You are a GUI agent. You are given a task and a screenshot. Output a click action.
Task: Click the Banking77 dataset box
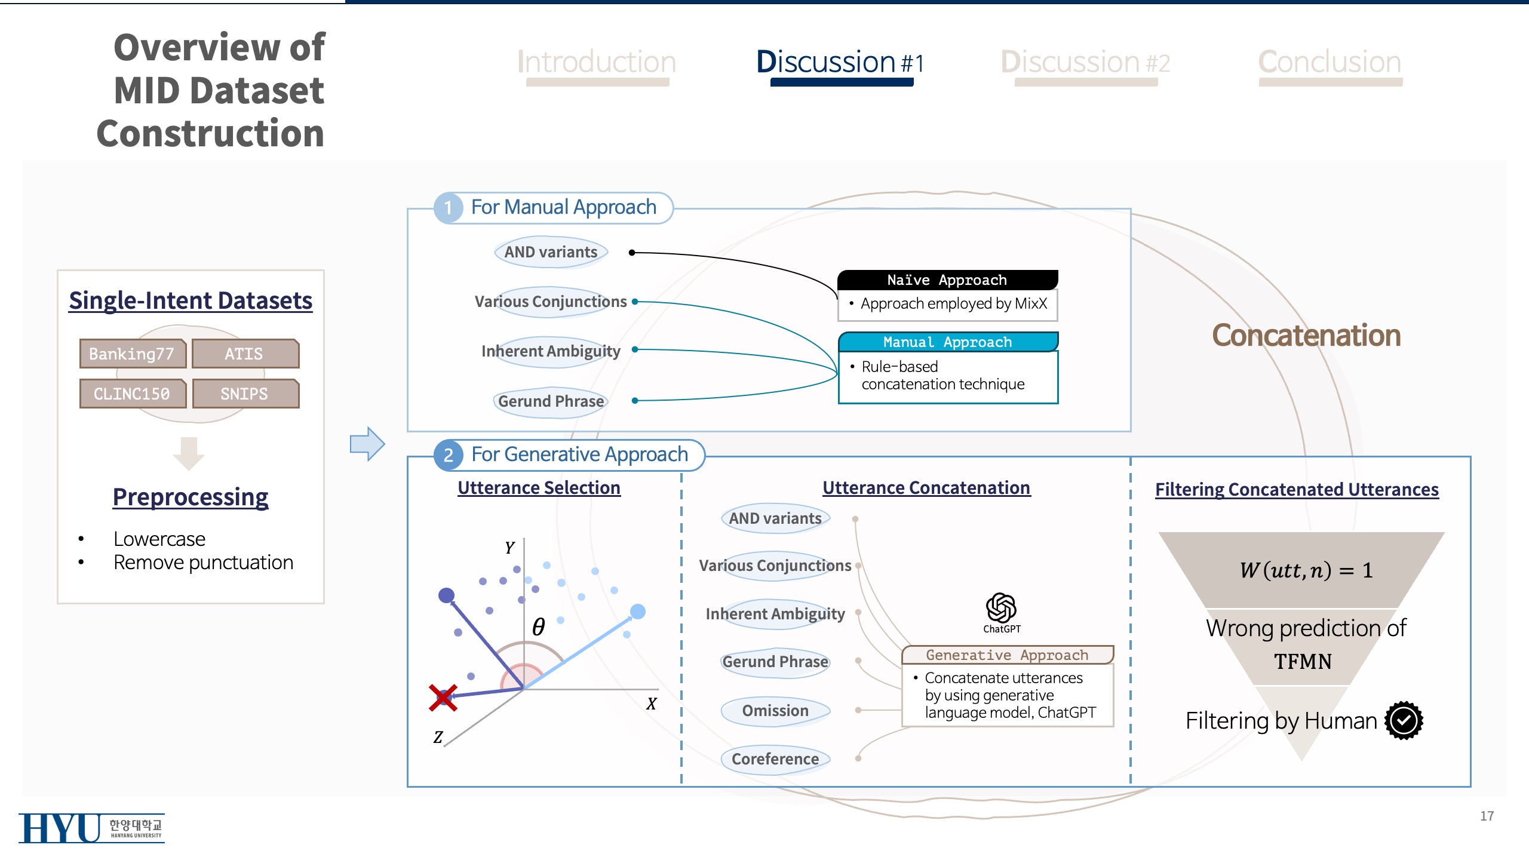(x=133, y=354)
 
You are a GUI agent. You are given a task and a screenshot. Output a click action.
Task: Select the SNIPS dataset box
(x=245, y=394)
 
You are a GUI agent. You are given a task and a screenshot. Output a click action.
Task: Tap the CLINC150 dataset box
(x=133, y=394)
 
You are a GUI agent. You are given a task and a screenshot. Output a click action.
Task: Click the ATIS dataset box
(x=245, y=354)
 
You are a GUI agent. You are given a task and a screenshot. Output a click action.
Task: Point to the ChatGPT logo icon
(x=1002, y=609)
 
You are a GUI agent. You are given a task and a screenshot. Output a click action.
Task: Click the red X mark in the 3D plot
(x=443, y=698)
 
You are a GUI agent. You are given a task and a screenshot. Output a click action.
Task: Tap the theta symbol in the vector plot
(x=538, y=626)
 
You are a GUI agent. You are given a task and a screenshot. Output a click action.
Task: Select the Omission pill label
(x=775, y=711)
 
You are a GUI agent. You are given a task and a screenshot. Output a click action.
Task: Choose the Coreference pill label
(x=775, y=759)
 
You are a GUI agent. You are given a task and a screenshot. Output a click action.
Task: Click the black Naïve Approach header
(x=947, y=279)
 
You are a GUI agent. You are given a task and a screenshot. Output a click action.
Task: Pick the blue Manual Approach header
(x=947, y=342)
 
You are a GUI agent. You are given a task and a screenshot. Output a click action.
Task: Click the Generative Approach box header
(x=1007, y=655)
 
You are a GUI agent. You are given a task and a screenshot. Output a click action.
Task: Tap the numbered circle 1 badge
(x=449, y=208)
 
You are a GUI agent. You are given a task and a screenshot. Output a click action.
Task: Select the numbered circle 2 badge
(x=449, y=455)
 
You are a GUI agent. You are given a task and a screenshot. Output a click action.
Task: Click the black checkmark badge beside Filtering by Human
(x=1404, y=720)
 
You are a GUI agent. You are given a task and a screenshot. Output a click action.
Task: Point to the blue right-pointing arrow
(x=367, y=444)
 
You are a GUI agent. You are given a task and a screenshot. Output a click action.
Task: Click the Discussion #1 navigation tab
(x=840, y=63)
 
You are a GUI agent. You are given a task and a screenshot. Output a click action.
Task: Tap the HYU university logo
(x=91, y=828)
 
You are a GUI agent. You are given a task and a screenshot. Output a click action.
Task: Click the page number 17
(x=1487, y=816)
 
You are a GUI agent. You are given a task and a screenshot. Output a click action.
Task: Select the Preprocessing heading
(x=191, y=497)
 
